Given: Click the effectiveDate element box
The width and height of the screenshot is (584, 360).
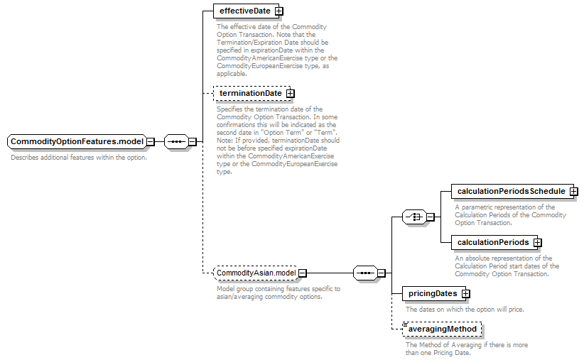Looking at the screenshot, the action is (246, 11).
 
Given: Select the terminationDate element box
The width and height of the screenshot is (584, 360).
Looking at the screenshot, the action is (252, 93).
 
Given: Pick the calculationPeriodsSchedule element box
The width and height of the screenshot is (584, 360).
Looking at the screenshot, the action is (512, 191).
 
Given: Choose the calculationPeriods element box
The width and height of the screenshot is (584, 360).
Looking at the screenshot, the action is (494, 242).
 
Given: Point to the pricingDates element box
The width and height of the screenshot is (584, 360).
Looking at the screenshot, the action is (434, 293).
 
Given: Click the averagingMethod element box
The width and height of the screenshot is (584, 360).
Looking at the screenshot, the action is (442, 329).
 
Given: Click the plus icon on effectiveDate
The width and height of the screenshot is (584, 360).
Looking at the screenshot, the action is (279, 11).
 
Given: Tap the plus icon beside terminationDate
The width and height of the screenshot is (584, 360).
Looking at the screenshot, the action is (290, 94).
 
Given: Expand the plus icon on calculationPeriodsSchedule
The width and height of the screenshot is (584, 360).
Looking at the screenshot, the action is (574, 191).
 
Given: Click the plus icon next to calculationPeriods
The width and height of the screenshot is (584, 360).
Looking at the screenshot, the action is (537, 242).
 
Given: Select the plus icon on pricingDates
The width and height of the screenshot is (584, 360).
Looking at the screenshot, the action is (465, 294).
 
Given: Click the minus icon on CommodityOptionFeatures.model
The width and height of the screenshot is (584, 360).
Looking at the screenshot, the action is (151, 141).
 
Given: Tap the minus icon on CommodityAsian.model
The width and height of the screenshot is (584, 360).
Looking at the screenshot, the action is (303, 273).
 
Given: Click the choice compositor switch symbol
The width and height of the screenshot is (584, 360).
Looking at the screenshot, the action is (414, 217).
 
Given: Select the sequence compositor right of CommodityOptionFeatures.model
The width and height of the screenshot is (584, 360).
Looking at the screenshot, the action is (176, 141).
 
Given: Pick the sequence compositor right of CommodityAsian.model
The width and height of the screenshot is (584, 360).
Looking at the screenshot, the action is (365, 273).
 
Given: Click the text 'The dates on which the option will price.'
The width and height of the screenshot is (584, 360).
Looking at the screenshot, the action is (465, 310).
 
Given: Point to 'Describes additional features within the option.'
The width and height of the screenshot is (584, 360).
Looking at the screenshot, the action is (79, 158).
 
